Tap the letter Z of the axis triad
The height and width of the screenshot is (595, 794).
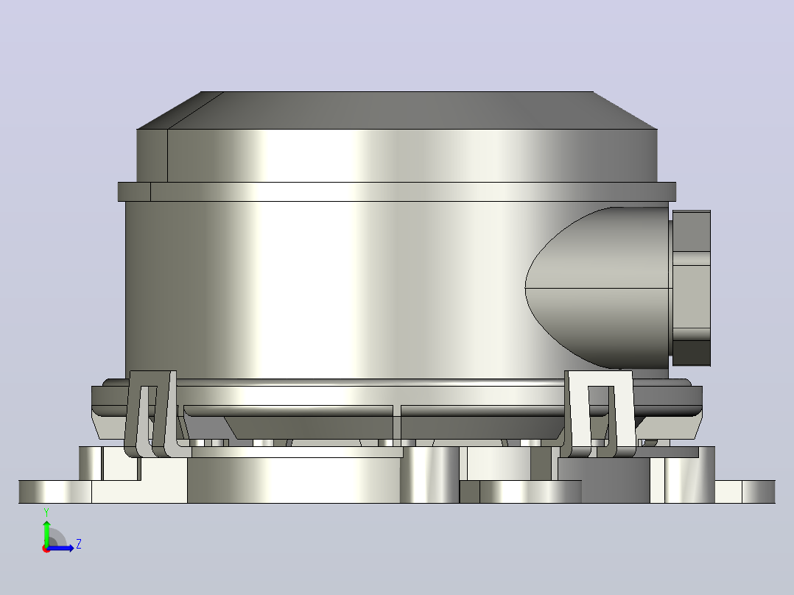click(79, 544)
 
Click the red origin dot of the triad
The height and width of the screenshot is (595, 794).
click(46, 549)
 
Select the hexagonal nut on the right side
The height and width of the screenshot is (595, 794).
click(691, 288)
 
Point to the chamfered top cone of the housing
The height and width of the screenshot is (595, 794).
click(397, 110)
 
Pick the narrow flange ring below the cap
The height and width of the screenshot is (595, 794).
click(397, 191)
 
